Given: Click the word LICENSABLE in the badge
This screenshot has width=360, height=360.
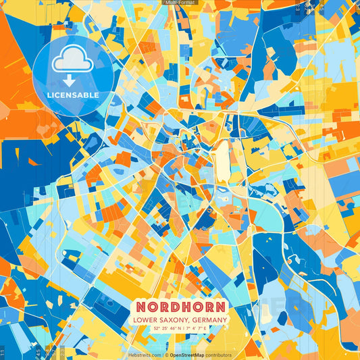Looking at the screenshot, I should pyautogui.click(x=73, y=95).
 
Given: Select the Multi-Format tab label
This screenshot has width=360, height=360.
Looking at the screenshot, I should pyautogui.click(x=179, y=3).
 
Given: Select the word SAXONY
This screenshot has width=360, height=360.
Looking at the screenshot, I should pyautogui.click(x=176, y=319).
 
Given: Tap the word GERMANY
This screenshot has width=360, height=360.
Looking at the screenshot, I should pyautogui.click(x=211, y=319).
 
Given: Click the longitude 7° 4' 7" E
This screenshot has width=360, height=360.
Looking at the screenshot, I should pyautogui.click(x=199, y=328).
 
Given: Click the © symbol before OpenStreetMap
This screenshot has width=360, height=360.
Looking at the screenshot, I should pyautogui.click(x=167, y=355).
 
